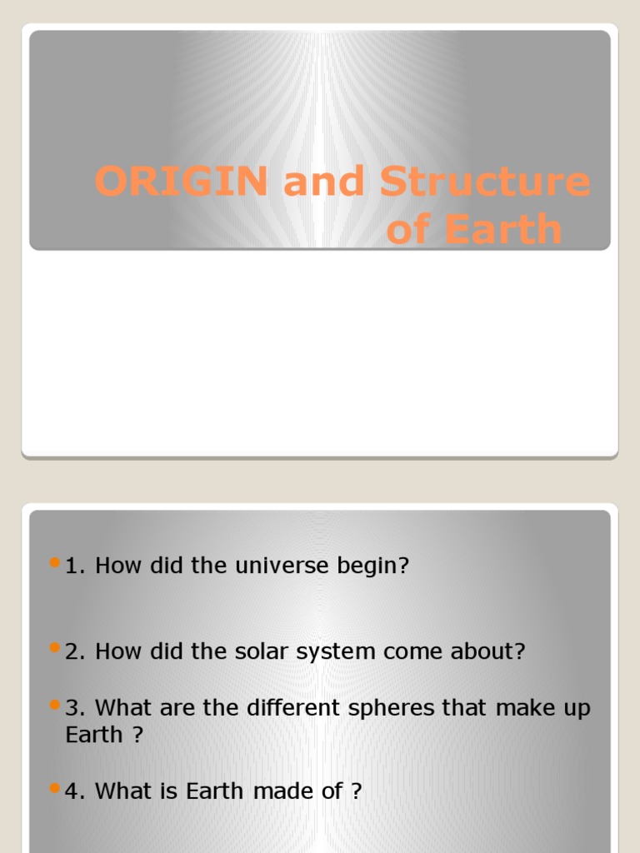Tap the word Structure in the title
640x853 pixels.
click(x=485, y=182)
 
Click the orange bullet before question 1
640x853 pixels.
click(x=56, y=563)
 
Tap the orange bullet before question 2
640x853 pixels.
click(x=56, y=647)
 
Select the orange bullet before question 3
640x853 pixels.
click(x=56, y=705)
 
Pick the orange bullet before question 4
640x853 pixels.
click(x=56, y=787)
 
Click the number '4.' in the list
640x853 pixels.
click(x=77, y=791)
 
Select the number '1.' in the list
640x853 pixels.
click(x=77, y=566)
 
